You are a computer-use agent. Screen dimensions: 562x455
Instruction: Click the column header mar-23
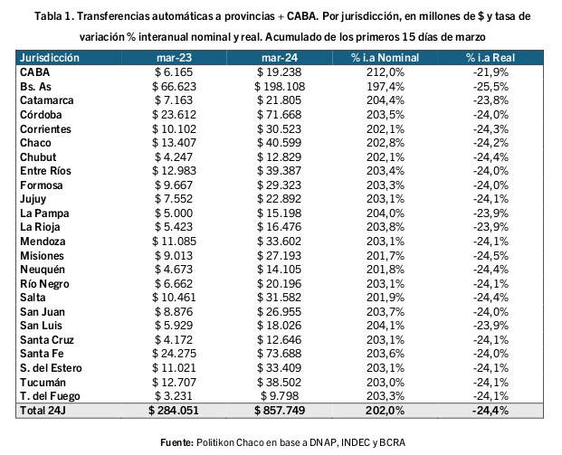click(174, 58)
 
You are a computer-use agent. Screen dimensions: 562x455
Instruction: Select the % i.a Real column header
click(491, 58)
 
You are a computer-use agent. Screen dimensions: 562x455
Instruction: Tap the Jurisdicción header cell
click(50, 58)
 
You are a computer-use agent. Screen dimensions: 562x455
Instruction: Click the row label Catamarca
click(46, 100)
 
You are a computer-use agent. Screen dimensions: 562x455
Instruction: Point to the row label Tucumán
click(43, 383)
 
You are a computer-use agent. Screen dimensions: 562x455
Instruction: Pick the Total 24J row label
click(43, 410)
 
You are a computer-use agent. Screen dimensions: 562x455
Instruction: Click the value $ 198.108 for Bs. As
click(280, 86)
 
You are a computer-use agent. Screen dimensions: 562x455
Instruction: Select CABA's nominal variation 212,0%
click(385, 72)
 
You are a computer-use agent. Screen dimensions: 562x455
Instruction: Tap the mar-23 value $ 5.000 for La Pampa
click(174, 213)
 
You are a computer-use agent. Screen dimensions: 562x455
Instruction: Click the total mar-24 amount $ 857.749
click(280, 410)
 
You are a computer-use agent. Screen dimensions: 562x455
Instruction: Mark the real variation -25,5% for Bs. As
click(491, 86)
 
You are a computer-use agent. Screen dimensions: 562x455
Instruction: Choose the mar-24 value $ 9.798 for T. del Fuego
click(280, 396)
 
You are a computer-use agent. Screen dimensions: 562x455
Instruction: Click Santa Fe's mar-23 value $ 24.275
click(174, 354)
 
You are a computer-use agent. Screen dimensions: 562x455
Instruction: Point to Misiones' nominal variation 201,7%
click(385, 255)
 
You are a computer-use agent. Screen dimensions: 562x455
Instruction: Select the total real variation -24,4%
click(491, 410)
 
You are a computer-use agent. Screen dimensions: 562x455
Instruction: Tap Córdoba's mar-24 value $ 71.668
click(280, 115)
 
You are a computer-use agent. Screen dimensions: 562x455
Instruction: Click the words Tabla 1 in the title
click(53, 16)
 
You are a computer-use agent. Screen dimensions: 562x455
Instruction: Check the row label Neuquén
click(43, 270)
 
